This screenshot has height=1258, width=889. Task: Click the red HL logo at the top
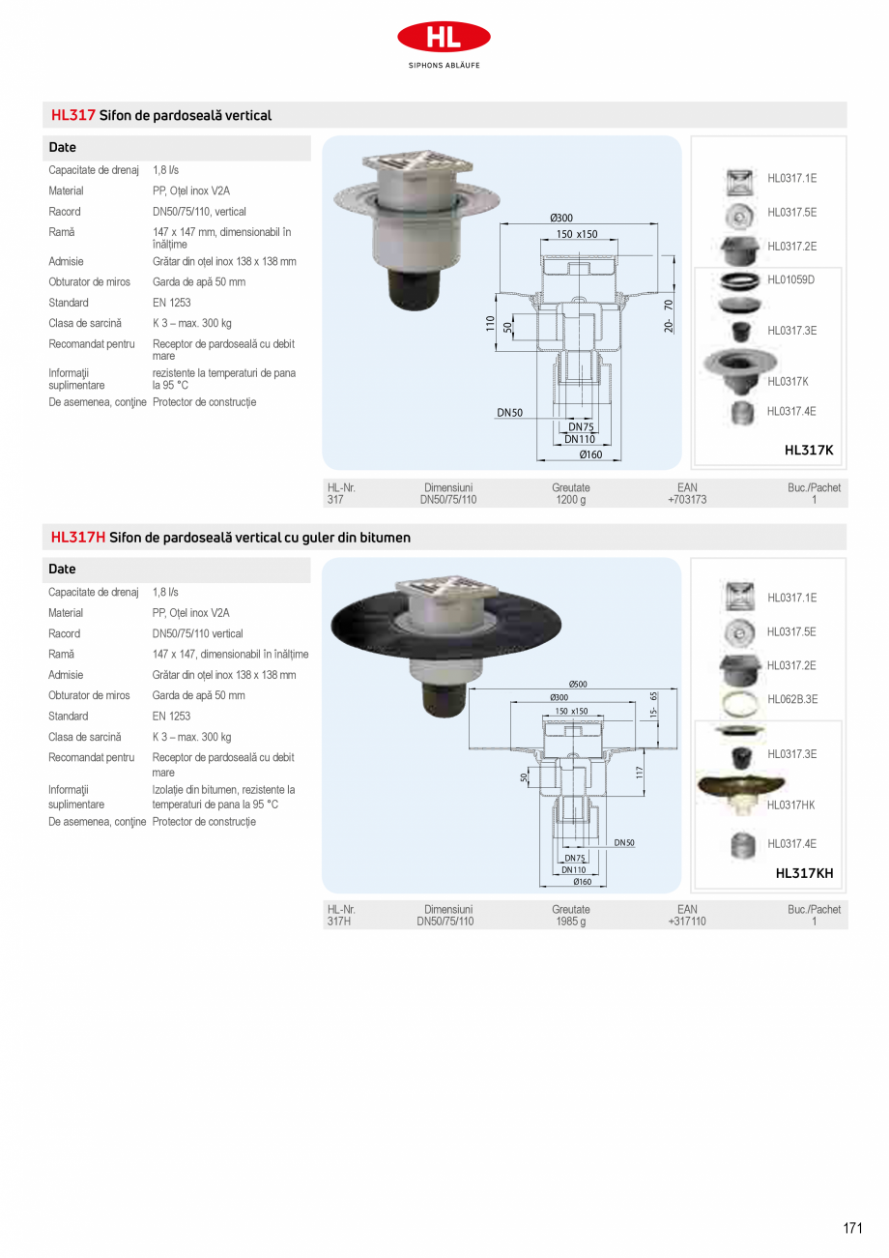click(444, 38)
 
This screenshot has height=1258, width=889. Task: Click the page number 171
click(851, 1228)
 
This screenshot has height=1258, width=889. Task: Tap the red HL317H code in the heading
click(78, 538)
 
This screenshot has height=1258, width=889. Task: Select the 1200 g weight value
click(570, 500)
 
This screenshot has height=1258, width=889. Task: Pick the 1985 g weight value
click(570, 922)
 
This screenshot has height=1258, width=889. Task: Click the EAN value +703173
click(687, 500)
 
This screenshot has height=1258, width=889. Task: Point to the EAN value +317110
click(687, 922)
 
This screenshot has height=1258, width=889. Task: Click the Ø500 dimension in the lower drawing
click(578, 685)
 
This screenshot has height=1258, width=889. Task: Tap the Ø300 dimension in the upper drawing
click(561, 219)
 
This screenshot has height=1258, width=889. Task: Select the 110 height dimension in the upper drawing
click(491, 322)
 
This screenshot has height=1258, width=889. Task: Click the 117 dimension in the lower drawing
click(640, 773)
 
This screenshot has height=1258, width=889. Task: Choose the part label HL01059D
click(791, 279)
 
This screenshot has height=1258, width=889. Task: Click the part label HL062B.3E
click(792, 699)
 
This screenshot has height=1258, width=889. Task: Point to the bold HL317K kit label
click(808, 450)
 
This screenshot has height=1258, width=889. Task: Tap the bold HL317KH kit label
click(804, 873)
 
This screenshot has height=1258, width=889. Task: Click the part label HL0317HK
click(791, 805)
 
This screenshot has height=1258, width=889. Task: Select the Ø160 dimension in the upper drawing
click(590, 454)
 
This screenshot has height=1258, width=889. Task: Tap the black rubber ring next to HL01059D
click(740, 281)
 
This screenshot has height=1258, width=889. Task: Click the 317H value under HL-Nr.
click(339, 922)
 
